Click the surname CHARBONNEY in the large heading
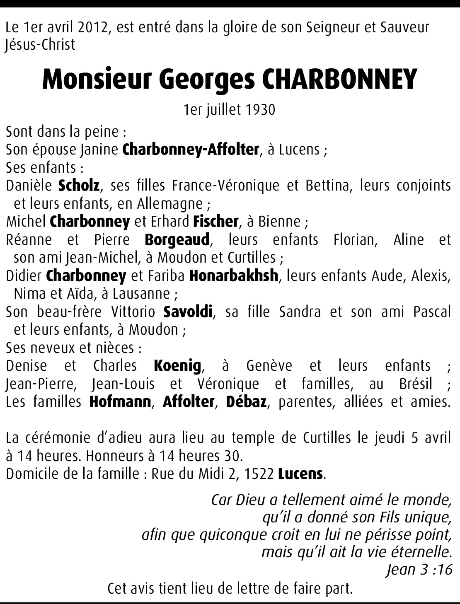(339, 80)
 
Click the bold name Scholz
(79, 185)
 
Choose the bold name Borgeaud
(177, 240)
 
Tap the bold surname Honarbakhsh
(233, 276)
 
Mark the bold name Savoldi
(188, 312)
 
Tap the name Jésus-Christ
(40, 45)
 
